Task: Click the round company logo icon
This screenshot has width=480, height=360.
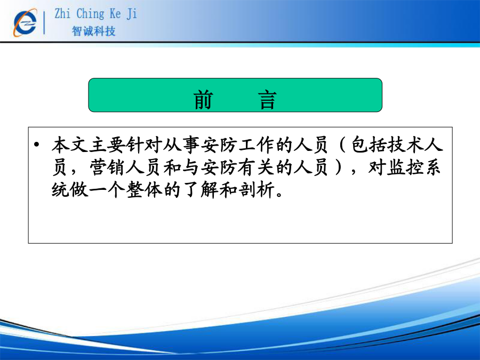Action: [25, 22]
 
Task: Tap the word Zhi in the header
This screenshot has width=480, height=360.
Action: [62, 14]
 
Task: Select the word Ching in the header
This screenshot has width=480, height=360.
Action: [90, 14]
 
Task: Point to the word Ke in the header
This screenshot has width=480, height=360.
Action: [115, 14]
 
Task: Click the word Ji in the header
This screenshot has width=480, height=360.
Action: [132, 14]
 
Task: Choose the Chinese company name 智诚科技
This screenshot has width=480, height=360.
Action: [94, 31]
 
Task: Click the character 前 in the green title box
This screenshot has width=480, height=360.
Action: [203, 100]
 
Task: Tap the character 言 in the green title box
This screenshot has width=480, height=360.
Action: [267, 100]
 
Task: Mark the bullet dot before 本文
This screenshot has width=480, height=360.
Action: [37, 144]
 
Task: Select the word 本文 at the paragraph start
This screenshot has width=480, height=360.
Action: [70, 145]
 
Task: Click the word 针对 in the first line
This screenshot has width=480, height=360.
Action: [145, 145]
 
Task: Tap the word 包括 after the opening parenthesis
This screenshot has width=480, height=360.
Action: [369, 145]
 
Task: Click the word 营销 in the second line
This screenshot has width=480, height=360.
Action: [108, 167]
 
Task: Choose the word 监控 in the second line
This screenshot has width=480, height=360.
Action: [405, 167]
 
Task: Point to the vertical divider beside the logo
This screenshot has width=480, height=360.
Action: [44, 22]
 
